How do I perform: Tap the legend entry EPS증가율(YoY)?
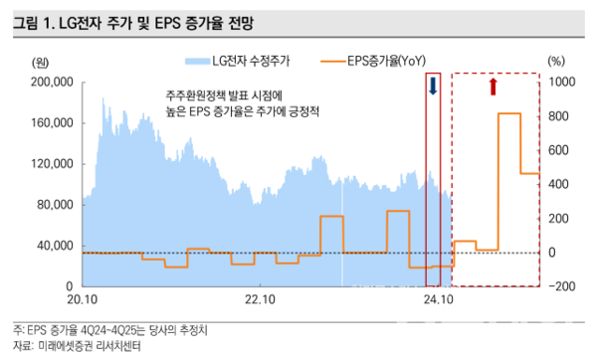[385, 61]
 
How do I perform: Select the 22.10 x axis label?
[260, 297]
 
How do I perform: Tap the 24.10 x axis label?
[438, 297]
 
